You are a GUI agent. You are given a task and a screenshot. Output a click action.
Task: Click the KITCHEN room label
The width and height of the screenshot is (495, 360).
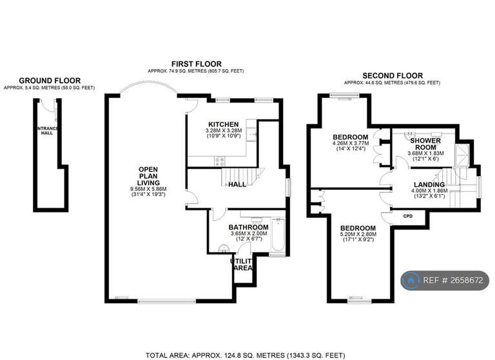tap(224, 125)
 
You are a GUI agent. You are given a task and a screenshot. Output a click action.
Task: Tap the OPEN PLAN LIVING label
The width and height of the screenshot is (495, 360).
tap(148, 176)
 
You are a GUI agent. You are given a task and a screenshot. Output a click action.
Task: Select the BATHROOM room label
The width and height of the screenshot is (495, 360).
tap(248, 227)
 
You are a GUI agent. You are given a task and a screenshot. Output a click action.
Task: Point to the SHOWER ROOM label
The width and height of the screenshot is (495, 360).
tap(425, 144)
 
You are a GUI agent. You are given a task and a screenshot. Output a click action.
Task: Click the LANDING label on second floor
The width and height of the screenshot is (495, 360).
tap(429, 185)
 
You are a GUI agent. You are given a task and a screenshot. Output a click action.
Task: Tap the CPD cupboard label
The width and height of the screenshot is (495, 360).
tap(408, 216)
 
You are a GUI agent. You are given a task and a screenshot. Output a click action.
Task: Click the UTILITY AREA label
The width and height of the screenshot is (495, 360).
tap(242, 265)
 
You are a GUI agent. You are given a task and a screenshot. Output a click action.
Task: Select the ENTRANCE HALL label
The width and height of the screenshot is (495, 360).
tap(47, 131)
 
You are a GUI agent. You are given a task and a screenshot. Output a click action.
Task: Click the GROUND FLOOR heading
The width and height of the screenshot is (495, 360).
tap(50, 81)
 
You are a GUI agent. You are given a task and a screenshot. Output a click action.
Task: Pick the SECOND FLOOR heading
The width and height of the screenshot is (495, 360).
tap(393, 76)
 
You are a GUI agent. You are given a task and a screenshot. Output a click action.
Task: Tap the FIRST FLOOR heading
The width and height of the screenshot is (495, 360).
tap(197, 64)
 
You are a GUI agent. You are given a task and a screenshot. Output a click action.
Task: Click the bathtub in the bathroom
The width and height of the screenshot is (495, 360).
tap(278, 235)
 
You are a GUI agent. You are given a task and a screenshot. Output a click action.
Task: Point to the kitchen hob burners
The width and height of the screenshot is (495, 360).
tap(220, 161)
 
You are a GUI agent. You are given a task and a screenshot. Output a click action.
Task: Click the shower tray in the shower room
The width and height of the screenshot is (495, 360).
tap(462, 155)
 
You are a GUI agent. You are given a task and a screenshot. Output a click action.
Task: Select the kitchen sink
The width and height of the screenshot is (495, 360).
tap(251, 135)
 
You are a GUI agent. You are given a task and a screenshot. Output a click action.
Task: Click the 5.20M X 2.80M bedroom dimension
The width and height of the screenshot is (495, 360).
tap(358, 235)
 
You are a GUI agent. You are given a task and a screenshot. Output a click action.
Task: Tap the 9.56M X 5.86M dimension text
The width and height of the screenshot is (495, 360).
tap(148, 189)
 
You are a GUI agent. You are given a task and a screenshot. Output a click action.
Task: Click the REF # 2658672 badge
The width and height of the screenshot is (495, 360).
tap(445, 281)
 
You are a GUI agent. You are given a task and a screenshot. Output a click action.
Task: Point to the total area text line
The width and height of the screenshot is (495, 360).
tap(243, 355)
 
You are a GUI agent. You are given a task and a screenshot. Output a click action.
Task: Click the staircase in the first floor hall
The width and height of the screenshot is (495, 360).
tap(242, 176)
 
